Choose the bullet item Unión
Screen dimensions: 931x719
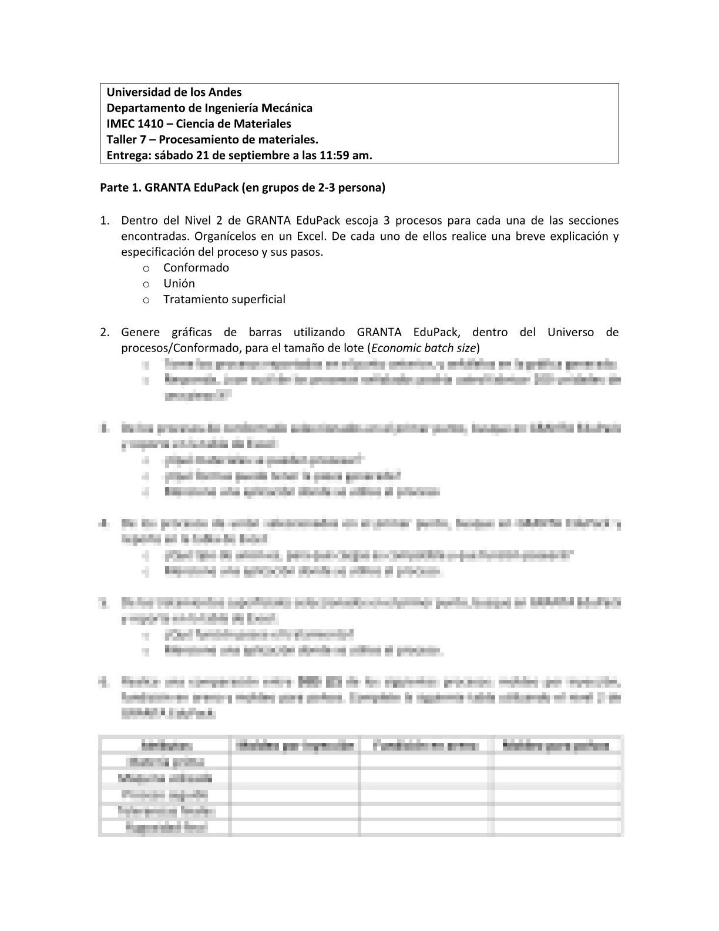179,283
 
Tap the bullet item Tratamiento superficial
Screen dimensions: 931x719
224,299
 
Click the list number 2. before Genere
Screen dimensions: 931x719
105,333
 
